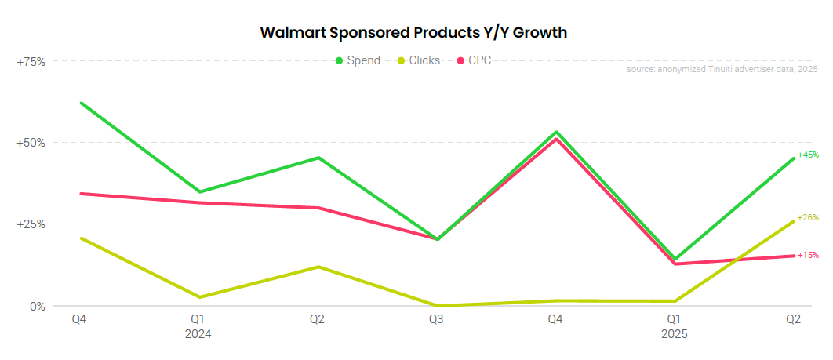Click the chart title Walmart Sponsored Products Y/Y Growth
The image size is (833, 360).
click(413, 33)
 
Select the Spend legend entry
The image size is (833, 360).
click(358, 60)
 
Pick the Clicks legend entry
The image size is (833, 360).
click(419, 60)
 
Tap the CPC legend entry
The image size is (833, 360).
click(474, 60)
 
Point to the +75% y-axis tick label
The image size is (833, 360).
click(31, 61)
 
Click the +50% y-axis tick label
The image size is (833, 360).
click(31, 143)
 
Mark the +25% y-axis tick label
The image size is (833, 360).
click(31, 224)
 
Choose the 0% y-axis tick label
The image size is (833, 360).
click(38, 306)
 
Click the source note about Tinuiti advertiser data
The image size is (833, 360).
click(722, 70)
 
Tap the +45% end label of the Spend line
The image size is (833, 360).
click(808, 155)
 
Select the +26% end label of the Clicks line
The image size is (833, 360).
click(808, 217)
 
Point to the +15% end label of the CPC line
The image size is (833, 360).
click(808, 255)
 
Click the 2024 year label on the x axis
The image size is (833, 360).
click(198, 333)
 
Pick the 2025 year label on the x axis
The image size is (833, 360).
click(674, 333)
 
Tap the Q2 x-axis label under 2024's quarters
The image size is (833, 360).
click(318, 319)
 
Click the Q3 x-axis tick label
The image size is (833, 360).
click(436, 319)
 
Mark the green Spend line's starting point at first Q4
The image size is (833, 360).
click(81, 103)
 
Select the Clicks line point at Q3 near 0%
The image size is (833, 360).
click(436, 306)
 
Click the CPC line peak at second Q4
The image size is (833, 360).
click(555, 139)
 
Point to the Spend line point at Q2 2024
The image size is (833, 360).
click(318, 158)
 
